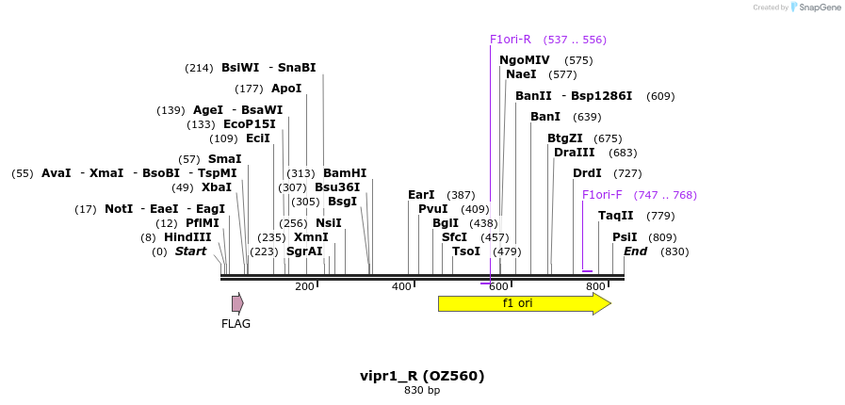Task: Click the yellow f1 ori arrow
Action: [x=523, y=303]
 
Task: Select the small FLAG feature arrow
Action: [x=237, y=303]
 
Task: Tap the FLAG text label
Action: [x=236, y=324]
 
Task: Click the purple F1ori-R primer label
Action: [x=511, y=40]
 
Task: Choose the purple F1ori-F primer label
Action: [x=602, y=195]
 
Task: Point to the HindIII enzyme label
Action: [x=187, y=237]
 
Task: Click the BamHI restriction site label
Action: [x=345, y=173]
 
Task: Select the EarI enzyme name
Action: [x=421, y=195]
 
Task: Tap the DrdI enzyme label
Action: [x=587, y=173]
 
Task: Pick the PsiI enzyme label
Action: [x=625, y=237]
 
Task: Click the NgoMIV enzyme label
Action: [x=525, y=60]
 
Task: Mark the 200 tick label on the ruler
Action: [x=304, y=286]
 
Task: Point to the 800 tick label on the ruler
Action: [x=595, y=286]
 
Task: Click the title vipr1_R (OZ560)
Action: [x=422, y=376]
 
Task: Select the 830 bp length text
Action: [x=422, y=390]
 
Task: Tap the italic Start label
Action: [x=190, y=251]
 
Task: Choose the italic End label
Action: [x=635, y=251]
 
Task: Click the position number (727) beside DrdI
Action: [x=627, y=173]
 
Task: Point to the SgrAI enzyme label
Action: [x=304, y=251]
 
